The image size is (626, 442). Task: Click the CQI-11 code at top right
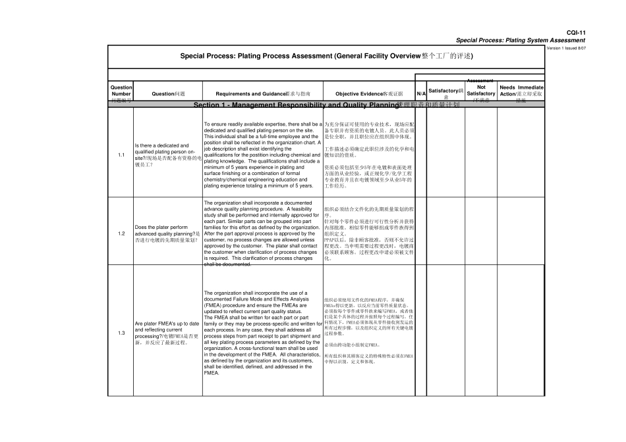click(576, 32)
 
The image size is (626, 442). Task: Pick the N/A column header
click(420, 94)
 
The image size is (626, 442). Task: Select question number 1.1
click(121, 155)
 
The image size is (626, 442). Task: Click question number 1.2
click(121, 233)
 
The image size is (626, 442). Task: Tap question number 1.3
click(121, 333)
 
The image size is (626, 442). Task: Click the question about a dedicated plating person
click(167, 155)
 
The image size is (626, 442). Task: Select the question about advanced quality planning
click(167, 233)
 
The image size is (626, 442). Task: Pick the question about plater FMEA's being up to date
click(167, 333)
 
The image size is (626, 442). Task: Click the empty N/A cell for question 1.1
click(420, 155)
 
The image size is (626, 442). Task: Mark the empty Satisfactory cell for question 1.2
click(446, 233)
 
